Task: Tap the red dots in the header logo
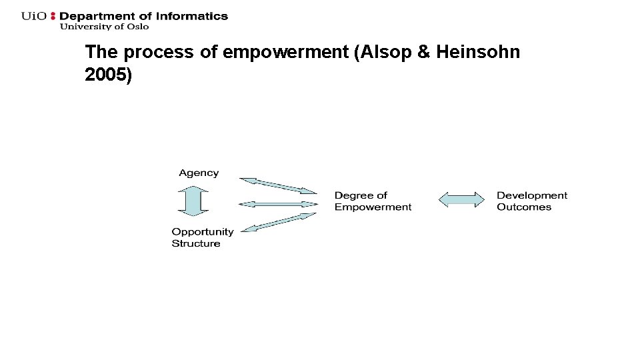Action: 54,16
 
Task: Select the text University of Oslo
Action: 104,27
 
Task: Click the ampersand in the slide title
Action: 423,52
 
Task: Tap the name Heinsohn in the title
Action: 477,52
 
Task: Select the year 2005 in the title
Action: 107,75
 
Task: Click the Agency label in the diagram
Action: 199,173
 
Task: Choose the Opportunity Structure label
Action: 202,237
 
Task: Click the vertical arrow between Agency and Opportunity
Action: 193,201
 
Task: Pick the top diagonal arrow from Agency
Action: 278,185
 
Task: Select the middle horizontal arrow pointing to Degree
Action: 278,203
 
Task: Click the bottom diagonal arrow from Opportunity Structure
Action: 278,222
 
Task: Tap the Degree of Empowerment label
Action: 373,201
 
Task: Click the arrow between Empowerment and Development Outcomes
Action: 461,199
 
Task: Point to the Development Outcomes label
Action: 531,201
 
